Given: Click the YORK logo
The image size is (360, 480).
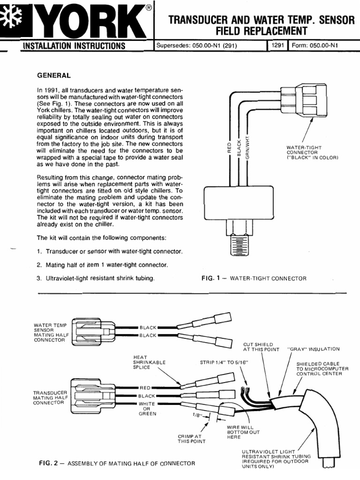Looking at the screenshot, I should click(75, 22).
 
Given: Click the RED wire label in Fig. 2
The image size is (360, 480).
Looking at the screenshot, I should click(145, 388).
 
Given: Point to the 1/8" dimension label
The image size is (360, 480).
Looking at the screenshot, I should click(196, 414).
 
